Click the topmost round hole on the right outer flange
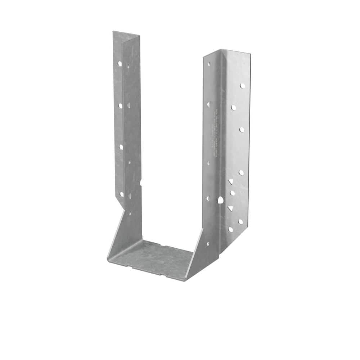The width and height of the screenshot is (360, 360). [x=242, y=86]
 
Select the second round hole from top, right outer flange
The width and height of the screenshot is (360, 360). [x=234, y=107]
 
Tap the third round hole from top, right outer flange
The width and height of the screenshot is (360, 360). [x=242, y=129]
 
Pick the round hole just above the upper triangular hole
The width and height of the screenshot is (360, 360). [x=241, y=172]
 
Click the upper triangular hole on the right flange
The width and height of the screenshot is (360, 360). [x=230, y=181]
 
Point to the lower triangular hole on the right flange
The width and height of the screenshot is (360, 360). [x=230, y=208]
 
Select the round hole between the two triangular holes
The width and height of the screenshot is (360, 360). [x=232, y=193]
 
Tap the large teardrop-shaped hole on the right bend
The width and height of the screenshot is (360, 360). [x=220, y=200]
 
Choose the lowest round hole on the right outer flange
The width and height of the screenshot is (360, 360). [x=230, y=229]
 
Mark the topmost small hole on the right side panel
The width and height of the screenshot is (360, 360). [x=209, y=64]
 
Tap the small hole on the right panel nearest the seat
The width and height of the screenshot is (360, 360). [x=208, y=244]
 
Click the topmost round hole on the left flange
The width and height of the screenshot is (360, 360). [x=120, y=63]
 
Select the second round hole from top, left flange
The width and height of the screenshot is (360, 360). [x=121, y=105]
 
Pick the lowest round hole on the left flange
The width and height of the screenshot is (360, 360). [x=121, y=194]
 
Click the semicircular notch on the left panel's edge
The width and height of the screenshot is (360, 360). [x=140, y=183]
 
